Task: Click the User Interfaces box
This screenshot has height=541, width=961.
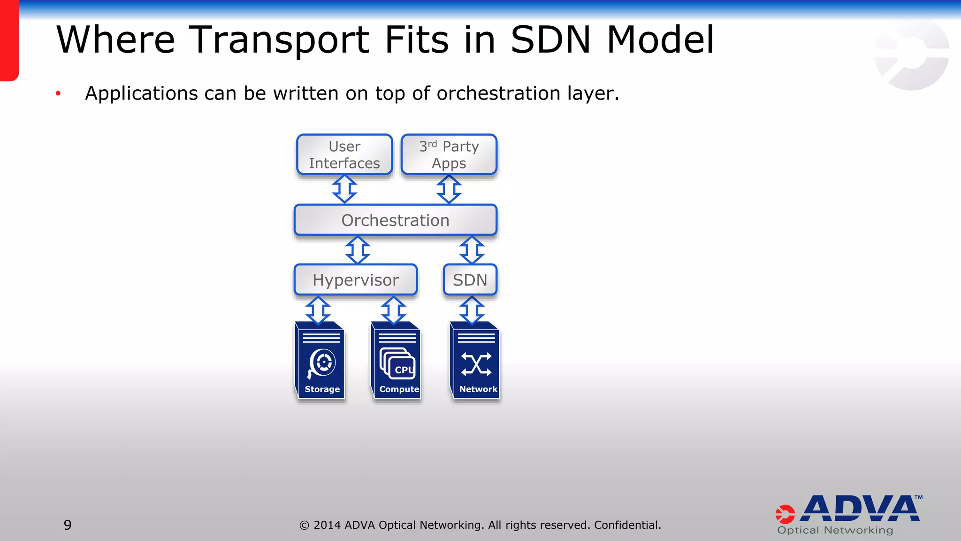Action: click(344, 155)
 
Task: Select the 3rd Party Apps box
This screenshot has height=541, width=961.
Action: click(449, 155)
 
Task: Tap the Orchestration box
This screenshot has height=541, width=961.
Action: click(395, 220)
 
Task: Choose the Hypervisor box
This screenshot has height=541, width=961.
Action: click(356, 280)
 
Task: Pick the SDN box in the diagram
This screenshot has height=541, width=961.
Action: click(470, 280)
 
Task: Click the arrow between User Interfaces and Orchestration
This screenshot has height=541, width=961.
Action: click(344, 189)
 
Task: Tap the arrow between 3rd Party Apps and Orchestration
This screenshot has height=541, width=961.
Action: click(449, 189)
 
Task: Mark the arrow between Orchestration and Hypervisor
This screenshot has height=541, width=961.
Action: click(358, 250)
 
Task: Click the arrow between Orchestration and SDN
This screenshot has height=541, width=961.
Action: click(472, 250)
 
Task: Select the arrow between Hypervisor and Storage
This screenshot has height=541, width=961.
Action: click(318, 310)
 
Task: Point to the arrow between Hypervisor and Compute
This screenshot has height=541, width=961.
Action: click(393, 310)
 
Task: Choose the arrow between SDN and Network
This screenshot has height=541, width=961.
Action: click(472, 310)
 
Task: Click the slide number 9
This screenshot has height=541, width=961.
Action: click(68, 525)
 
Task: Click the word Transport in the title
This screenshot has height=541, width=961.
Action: click(279, 40)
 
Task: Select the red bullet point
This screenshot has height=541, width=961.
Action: click(58, 93)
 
